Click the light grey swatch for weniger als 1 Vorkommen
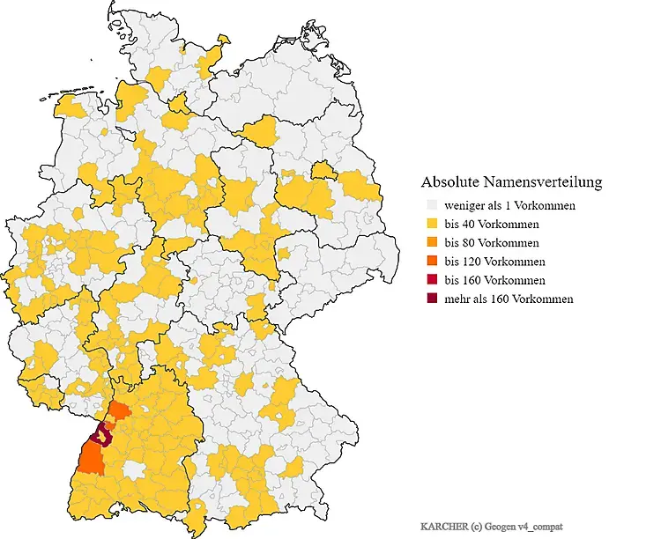tap(431, 205)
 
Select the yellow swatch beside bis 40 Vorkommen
tap(431, 224)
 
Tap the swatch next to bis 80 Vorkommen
tap(431, 242)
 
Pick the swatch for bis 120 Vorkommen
tap(431, 262)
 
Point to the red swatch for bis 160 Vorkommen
tap(431, 280)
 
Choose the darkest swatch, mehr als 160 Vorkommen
tap(431, 299)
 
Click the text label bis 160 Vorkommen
tap(494, 280)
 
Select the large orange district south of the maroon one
tap(91, 457)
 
